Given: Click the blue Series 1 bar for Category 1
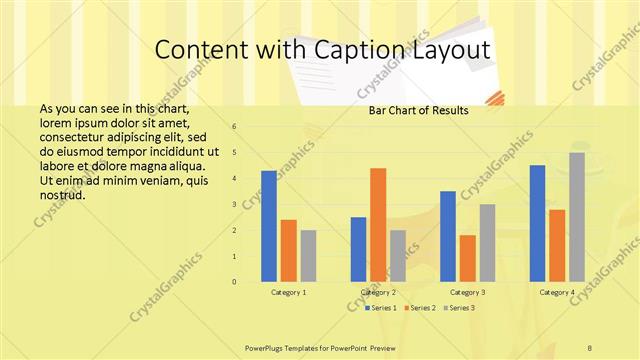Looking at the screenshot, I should (269, 226).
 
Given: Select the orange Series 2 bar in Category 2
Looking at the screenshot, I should (378, 225).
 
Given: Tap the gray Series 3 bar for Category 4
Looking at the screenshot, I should (577, 217).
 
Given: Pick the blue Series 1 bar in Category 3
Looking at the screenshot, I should (448, 236).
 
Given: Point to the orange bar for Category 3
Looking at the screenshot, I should (467, 258).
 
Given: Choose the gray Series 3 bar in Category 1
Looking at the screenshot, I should (308, 256).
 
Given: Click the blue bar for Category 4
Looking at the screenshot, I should (538, 223).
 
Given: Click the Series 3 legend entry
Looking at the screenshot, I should (459, 308).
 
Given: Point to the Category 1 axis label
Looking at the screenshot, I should (289, 292).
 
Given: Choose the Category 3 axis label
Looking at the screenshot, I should (468, 292).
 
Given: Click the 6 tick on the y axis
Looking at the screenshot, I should (233, 127).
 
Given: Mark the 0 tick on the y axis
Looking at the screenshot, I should (233, 282).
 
